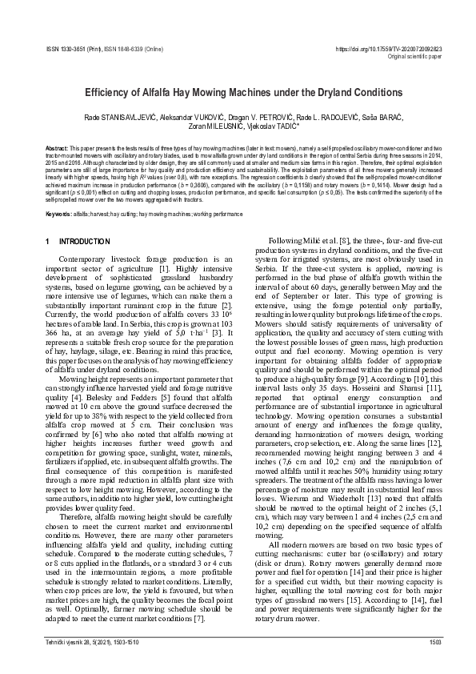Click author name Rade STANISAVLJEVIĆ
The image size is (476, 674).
[x=121, y=117]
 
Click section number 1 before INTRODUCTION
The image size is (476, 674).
[x=48, y=241]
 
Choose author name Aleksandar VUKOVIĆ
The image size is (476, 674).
[x=194, y=117]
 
